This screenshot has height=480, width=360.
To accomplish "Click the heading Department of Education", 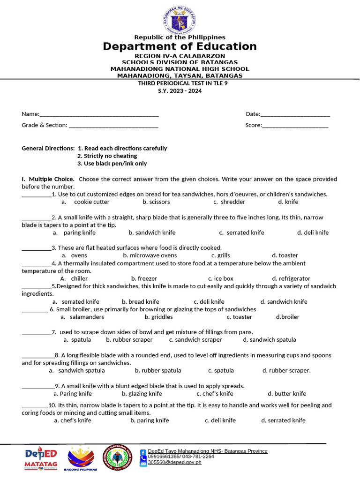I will tap(180, 46).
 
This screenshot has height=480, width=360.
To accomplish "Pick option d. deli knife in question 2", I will tap(313, 232).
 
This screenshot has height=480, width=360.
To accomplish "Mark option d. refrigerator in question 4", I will tap(291, 278).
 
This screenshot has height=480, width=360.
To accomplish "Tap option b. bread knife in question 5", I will tap(140, 302).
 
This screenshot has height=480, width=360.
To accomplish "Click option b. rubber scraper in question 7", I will tap(129, 340).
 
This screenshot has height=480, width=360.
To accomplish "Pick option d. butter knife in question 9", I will tap(287, 394).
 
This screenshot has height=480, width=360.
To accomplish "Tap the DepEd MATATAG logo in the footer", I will tap(41, 458).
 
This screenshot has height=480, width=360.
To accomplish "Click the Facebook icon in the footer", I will tap(143, 452).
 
